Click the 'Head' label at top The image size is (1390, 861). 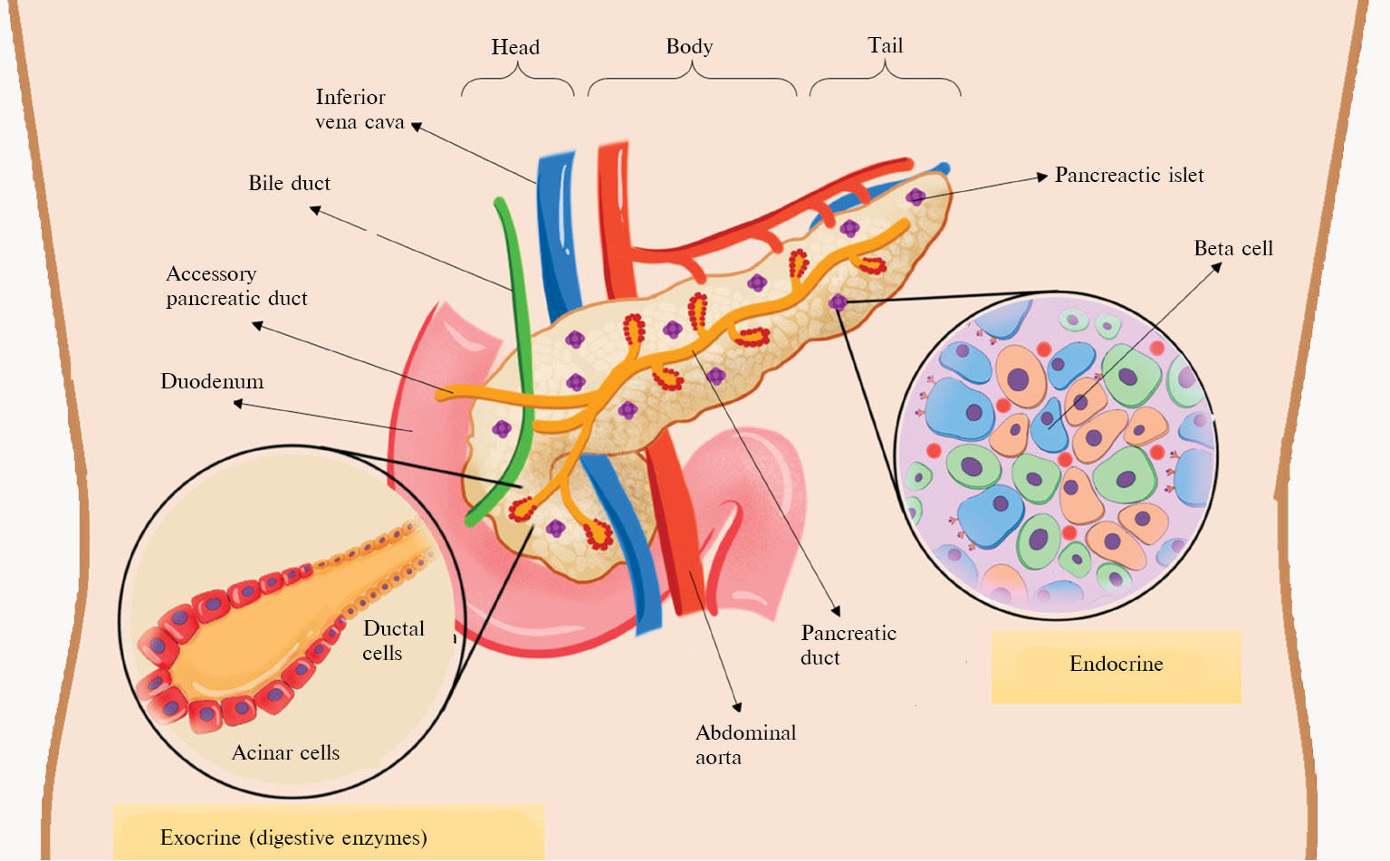point(515,47)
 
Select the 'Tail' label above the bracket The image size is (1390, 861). point(885,45)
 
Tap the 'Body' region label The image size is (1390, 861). point(689,46)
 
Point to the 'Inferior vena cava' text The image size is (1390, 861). point(359,110)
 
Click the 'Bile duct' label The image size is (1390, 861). point(289,183)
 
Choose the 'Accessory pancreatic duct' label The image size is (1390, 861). point(236,286)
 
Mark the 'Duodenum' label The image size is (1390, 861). point(212,381)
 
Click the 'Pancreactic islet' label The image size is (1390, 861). point(1129,175)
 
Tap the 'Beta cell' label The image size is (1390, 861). point(1232,248)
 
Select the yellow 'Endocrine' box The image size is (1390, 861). point(1116,665)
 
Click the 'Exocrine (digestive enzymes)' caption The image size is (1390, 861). point(293,837)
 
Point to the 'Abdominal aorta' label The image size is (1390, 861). point(745,744)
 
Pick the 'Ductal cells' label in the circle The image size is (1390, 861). point(393,640)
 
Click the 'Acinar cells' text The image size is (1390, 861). point(285,752)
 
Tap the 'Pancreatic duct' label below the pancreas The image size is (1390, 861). point(848,645)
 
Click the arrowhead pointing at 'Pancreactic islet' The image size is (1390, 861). point(1042,177)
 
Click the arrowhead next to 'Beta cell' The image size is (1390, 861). point(1216,267)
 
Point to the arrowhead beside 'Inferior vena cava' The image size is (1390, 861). point(417,126)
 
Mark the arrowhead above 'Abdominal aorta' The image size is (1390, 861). point(737,707)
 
